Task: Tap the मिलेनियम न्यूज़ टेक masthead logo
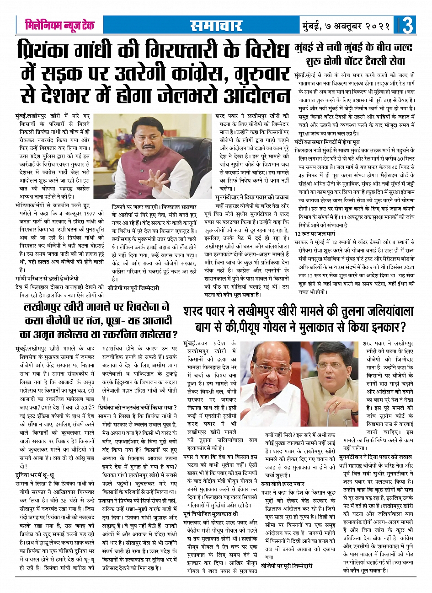click(x=60, y=25)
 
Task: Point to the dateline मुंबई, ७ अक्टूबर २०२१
click(x=345, y=26)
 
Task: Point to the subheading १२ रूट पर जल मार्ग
click(x=315, y=233)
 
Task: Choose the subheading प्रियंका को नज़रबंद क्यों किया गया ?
click(x=138, y=406)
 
